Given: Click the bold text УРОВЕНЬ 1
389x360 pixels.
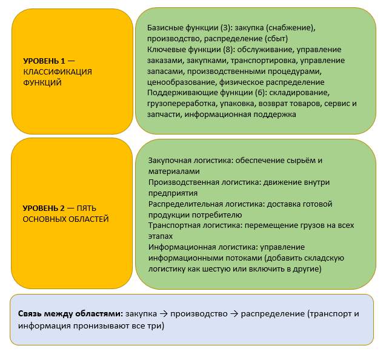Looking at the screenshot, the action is [44, 61].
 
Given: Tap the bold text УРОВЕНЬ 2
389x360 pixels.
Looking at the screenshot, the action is [44, 208].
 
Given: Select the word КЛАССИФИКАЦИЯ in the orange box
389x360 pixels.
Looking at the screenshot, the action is [58, 72].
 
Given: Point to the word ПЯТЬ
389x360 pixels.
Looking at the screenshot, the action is [86, 208].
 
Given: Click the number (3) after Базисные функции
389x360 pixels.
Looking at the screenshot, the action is [225, 27].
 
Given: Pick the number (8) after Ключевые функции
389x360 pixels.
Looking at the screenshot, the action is [228, 49].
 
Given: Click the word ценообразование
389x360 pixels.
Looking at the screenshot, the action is [181, 82].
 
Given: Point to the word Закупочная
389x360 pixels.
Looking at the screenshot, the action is [170, 161].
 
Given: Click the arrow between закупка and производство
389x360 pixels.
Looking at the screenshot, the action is [164, 314].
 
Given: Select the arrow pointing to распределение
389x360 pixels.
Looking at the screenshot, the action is [234, 314].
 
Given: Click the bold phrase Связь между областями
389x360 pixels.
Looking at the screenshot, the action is [70, 313].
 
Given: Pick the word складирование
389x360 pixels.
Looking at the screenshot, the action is [299, 93].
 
